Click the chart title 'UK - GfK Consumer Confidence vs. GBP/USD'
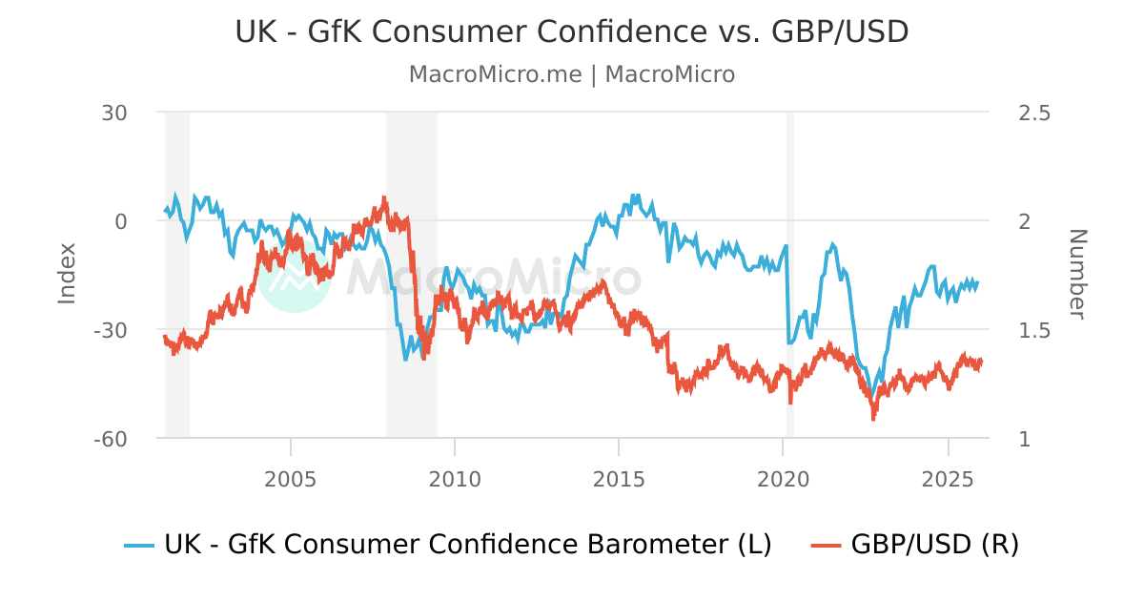(x=572, y=31)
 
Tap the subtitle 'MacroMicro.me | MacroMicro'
(x=572, y=74)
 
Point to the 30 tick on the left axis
(x=114, y=113)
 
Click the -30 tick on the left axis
(x=110, y=330)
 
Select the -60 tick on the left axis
(x=110, y=439)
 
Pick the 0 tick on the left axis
(x=121, y=221)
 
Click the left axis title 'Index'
(x=67, y=274)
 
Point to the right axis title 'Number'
(x=1077, y=274)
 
